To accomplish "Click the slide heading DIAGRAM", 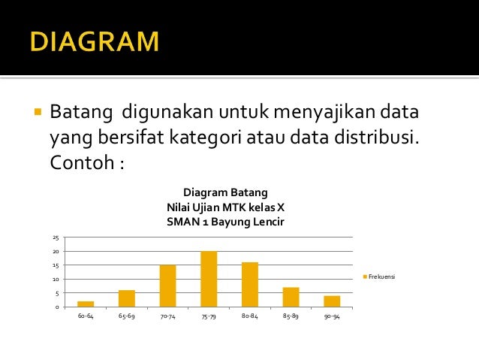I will click(x=95, y=41).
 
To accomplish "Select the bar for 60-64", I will click(x=86, y=304).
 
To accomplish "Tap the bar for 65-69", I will click(x=127, y=298).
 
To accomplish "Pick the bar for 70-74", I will click(x=167, y=286).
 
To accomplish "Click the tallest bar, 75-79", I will click(x=209, y=279).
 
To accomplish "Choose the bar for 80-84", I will click(x=250, y=284).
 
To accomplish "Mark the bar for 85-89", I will click(x=291, y=297).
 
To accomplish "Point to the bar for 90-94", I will click(x=332, y=301).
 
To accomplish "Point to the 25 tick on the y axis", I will click(x=55, y=237).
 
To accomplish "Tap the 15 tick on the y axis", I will click(x=55, y=265).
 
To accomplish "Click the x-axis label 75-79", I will click(x=209, y=316).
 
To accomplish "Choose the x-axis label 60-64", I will click(x=86, y=316).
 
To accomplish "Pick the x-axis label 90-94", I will click(x=332, y=316).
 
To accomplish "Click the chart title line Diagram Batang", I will click(x=225, y=192).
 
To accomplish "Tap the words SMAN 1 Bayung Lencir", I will click(x=225, y=222).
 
